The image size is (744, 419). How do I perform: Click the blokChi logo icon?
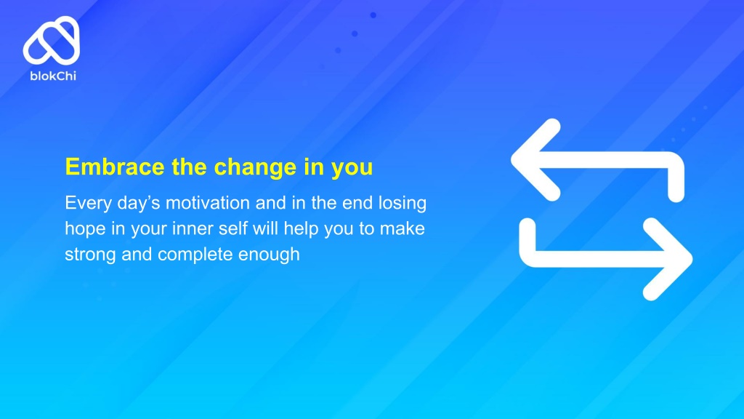(x=52, y=41)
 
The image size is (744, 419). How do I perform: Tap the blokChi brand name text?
(x=53, y=76)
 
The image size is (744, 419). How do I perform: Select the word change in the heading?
(x=255, y=167)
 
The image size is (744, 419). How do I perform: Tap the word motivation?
(x=207, y=203)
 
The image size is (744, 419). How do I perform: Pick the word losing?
(x=403, y=204)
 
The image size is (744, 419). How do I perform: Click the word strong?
(x=90, y=255)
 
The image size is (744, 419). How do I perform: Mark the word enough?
(x=269, y=255)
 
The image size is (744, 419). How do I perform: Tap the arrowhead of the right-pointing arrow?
(x=668, y=259)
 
